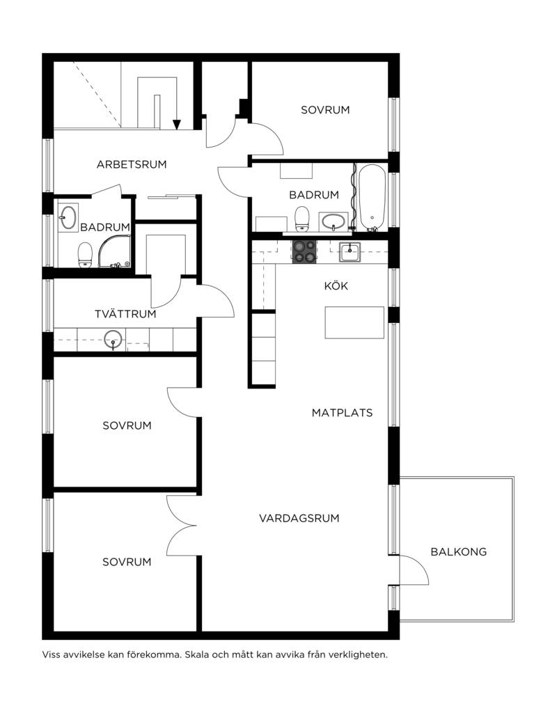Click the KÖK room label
[336, 285]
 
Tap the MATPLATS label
[342, 413]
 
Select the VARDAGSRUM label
[299, 518]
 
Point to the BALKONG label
[458, 551]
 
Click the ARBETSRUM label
[132, 164]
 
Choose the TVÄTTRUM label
[125, 314]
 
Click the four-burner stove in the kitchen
[304, 252]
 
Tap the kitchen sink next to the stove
[350, 252]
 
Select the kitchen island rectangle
[354, 322]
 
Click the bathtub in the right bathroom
[372, 198]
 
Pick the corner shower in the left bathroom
[115, 251]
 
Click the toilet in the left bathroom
[85, 255]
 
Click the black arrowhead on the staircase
[177, 125]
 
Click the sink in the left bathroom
[68, 217]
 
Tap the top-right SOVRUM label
[325, 110]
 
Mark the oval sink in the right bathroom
[335, 221]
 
